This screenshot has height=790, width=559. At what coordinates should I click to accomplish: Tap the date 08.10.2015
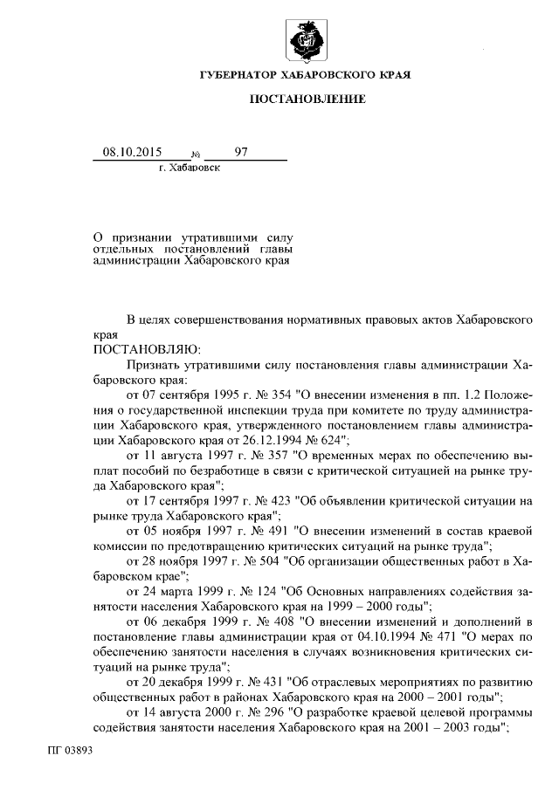(x=127, y=152)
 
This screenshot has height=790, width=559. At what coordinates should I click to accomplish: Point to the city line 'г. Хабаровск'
(x=190, y=167)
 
